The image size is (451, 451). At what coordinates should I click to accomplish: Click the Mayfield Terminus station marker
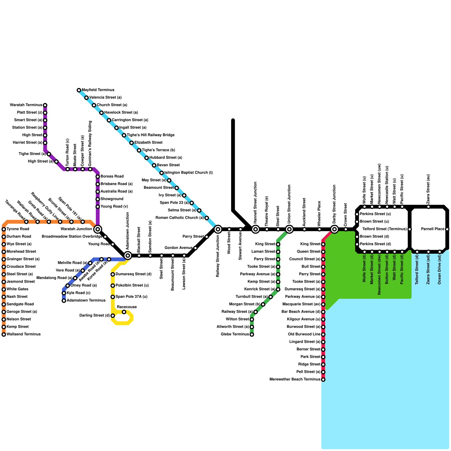pyautogui.click(x=79, y=90)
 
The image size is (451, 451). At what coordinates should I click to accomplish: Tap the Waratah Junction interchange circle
pyautogui.click(x=98, y=229)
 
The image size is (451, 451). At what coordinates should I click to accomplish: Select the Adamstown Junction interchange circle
pyautogui.click(x=128, y=256)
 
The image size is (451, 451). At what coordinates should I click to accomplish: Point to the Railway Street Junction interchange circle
pyautogui.click(x=218, y=229)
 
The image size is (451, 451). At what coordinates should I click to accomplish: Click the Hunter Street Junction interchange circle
pyautogui.click(x=256, y=229)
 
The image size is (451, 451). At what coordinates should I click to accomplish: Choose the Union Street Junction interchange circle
pyautogui.click(x=289, y=229)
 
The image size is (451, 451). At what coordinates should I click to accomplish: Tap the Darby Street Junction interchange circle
pyautogui.click(x=335, y=229)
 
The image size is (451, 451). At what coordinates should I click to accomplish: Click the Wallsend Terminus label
pyautogui.click(x=23, y=334)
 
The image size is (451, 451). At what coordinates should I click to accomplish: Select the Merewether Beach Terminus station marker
pyautogui.click(x=323, y=380)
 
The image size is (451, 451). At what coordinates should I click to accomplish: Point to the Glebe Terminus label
pyautogui.click(x=235, y=334)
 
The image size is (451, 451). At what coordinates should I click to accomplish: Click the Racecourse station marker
pyautogui.click(x=124, y=312)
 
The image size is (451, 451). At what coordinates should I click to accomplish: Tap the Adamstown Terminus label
pyautogui.click(x=86, y=300)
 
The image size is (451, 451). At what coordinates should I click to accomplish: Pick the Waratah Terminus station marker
pyautogui.click(x=45, y=105)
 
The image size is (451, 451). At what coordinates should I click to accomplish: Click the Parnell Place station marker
pyautogui.click(x=447, y=229)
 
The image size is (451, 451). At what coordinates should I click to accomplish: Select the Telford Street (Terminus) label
pyautogui.click(x=385, y=229)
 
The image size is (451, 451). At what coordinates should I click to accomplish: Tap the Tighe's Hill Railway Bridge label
pyautogui.click(x=151, y=135)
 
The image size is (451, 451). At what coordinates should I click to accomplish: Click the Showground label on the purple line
pyautogui.click(x=112, y=199)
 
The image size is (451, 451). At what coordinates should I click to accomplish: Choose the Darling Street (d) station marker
pyautogui.click(x=113, y=316)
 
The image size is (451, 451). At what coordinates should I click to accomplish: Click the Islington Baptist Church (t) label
pyautogui.click(x=188, y=173)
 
